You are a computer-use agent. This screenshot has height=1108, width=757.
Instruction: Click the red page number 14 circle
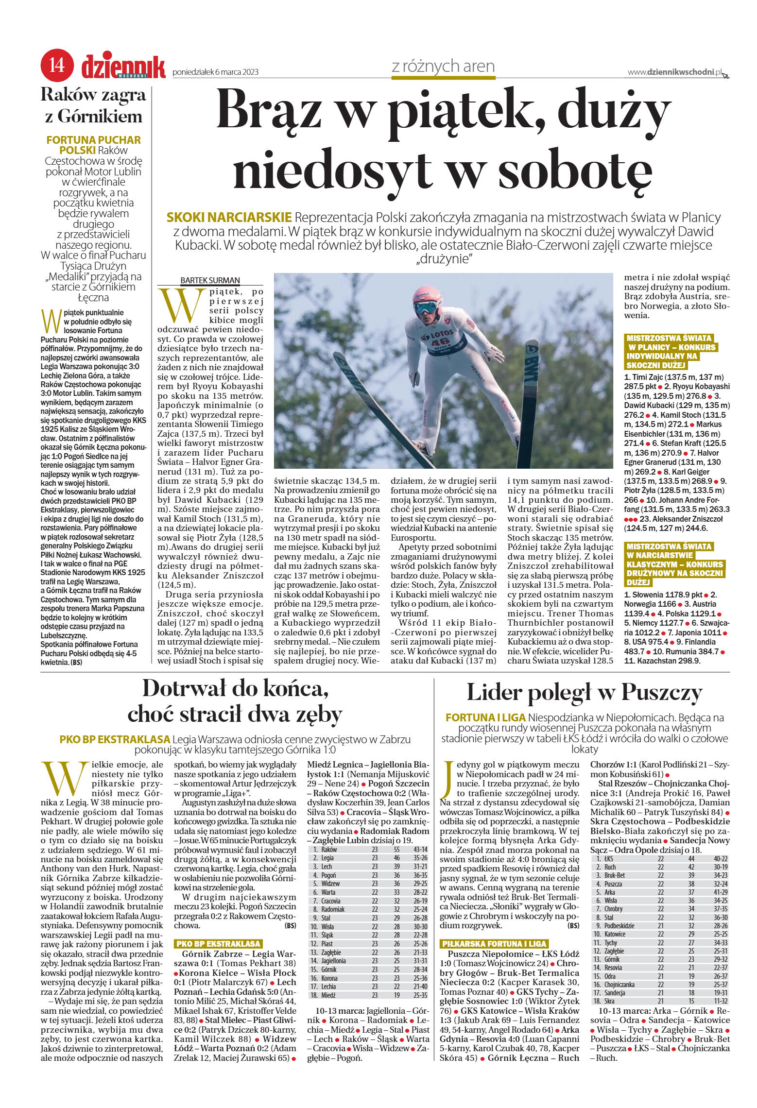(57, 65)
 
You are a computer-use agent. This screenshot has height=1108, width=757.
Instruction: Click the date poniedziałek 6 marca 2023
(215, 72)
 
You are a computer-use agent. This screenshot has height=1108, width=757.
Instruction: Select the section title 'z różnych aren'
(443, 66)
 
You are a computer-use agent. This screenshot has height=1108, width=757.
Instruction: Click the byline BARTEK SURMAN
(210, 280)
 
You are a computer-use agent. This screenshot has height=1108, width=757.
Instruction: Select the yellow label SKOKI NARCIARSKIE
(229, 217)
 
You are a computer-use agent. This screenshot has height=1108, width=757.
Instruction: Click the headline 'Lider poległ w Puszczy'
(584, 693)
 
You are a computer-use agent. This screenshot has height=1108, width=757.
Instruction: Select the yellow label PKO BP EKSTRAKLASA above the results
(218, 943)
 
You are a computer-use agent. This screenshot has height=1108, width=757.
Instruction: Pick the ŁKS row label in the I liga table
(609, 859)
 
